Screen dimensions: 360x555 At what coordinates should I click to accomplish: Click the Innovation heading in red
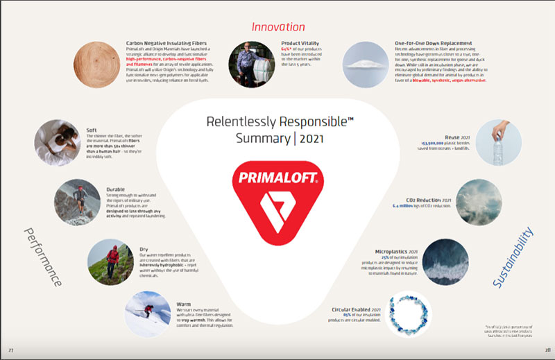pyautogui.click(x=277, y=27)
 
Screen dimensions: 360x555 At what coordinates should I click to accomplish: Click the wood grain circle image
pyautogui.click(x=97, y=62)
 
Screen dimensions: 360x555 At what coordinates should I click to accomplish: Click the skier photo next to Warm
pyautogui.click(x=148, y=314)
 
